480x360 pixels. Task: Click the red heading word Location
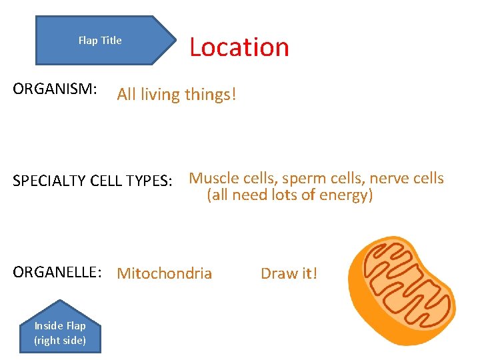[239, 47]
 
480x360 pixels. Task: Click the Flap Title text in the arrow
[100, 41]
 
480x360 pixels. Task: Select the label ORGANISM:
[55, 89]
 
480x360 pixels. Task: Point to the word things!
[211, 95]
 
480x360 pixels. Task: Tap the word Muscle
[213, 178]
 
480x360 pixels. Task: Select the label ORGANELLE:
[57, 273]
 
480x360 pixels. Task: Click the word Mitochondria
[164, 273]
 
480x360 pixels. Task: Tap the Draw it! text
[289, 273]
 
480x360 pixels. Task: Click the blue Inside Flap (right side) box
[60, 333]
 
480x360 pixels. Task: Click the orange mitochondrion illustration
[402, 291]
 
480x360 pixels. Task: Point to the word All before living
[127, 95]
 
